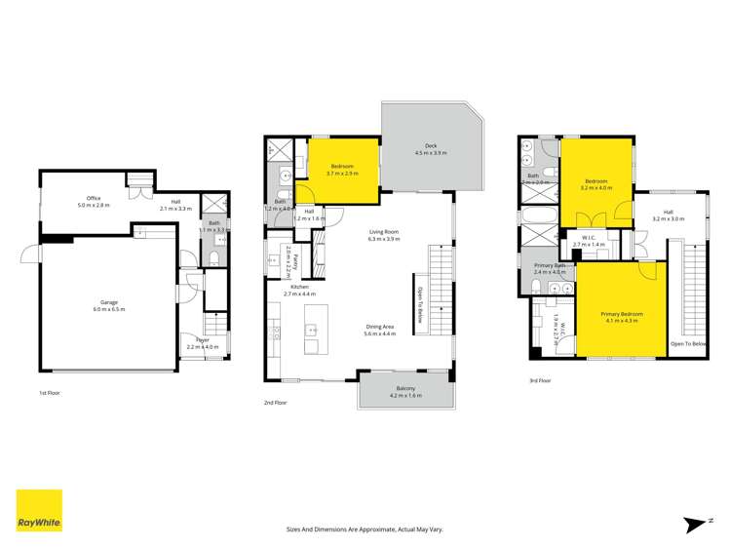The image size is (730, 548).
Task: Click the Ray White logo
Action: pos(39,510)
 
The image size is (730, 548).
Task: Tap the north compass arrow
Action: pos(695,524)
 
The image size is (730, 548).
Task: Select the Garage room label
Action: pos(108,305)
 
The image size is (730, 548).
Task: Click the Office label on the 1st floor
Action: pos(94,201)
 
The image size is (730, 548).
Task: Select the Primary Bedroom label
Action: pos(620,316)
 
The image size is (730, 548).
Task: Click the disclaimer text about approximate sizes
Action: pos(365,528)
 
